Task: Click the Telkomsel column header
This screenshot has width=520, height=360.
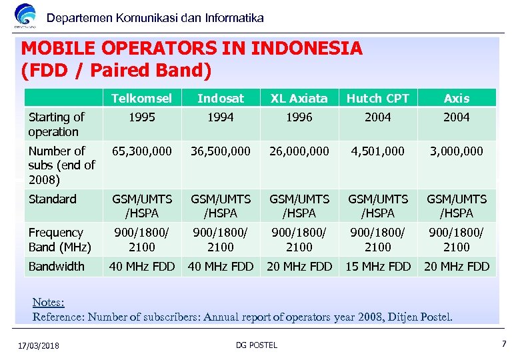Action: [141, 98]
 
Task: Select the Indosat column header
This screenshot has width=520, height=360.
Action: [221, 98]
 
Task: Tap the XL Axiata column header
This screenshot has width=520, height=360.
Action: [299, 98]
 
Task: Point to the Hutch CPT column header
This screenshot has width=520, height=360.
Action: [378, 98]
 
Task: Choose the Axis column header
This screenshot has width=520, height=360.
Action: [457, 98]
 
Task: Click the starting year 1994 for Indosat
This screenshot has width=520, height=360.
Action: [221, 117]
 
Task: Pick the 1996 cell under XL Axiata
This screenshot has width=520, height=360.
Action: [299, 117]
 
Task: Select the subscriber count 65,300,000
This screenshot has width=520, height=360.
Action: [141, 151]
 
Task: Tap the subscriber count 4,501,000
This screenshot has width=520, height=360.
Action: [378, 151]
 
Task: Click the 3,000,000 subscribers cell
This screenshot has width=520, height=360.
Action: [457, 151]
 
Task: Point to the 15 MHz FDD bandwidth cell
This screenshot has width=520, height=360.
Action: [378, 267]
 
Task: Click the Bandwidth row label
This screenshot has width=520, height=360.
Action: [57, 267]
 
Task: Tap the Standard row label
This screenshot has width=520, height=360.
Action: [53, 199]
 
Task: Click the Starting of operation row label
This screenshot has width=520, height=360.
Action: [57, 125]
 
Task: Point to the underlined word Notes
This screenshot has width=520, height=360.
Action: [49, 303]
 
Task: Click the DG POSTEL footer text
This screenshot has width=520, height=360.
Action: [257, 345]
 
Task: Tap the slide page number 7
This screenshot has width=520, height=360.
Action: [504, 344]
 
